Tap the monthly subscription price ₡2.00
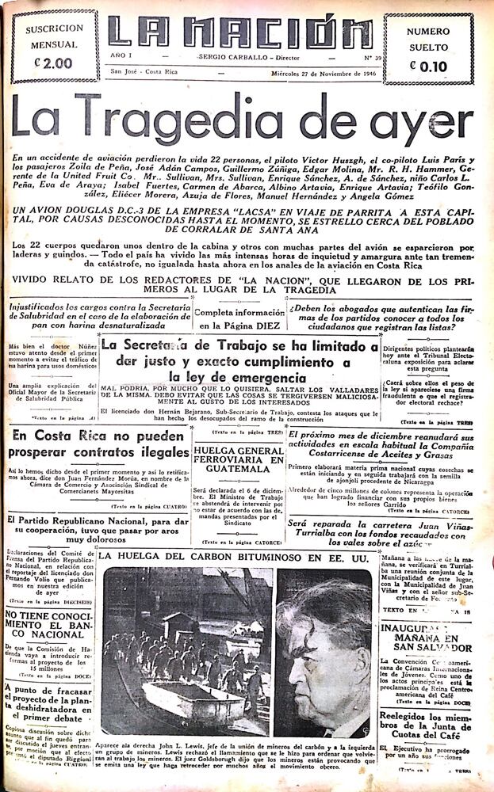pos(53,63)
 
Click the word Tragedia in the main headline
pos(186,122)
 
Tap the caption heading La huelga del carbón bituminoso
pos(230,557)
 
